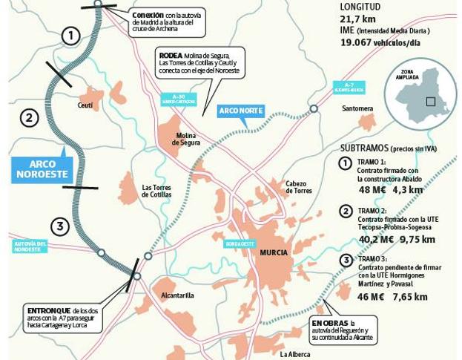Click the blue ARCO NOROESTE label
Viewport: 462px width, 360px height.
click(42, 169)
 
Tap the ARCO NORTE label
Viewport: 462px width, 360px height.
click(242, 111)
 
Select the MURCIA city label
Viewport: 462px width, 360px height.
click(273, 252)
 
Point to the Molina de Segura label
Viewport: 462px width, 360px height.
click(186, 140)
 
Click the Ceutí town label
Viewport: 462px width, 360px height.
click(85, 106)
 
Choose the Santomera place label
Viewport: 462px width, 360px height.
click(357, 108)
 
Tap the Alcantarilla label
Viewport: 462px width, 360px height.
click(176, 295)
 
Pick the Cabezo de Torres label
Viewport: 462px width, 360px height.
click(299, 187)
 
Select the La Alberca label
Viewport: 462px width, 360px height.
click(295, 354)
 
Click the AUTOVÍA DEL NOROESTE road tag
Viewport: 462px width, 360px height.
click(30, 246)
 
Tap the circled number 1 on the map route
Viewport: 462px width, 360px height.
click(70, 35)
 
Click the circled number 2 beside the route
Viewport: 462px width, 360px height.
click(28, 117)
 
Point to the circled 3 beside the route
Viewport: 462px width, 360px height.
click(60, 226)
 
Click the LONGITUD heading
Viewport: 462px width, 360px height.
click(360, 7)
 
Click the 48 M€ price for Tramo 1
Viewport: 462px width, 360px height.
click(372, 190)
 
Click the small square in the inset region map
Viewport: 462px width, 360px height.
click(430, 101)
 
